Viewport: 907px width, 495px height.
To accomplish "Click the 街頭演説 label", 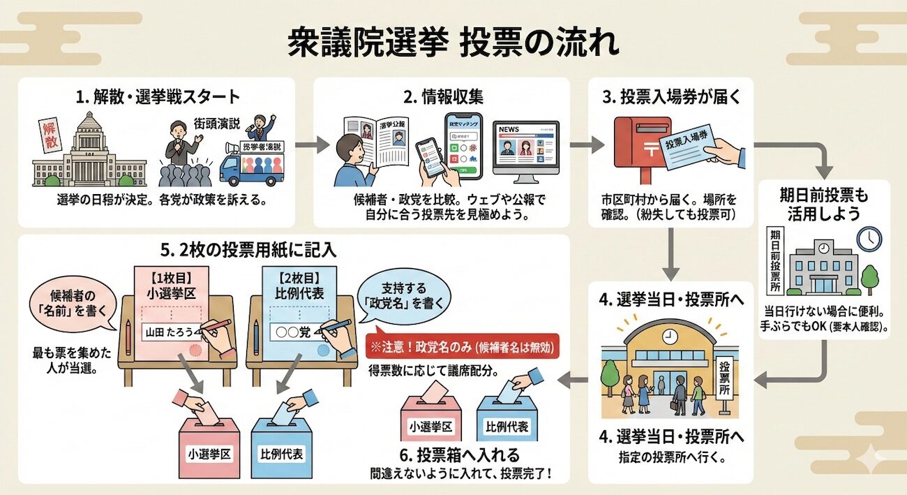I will [218, 124].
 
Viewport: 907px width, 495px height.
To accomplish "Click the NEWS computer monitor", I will [526, 148].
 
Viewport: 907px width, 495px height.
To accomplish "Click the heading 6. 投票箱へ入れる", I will [460, 455].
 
